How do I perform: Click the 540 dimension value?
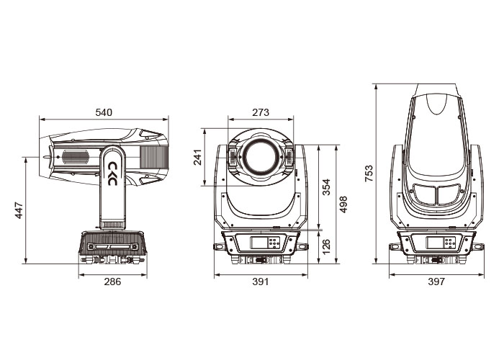tap(104, 112)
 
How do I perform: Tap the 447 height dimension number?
tap(19, 210)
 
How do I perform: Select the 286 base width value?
tap(112, 282)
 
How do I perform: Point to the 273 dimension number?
tap(261, 112)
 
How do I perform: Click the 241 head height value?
tap(197, 157)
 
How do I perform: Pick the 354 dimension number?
tap(326, 187)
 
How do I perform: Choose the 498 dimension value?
tap(343, 204)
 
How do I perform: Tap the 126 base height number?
tap(326, 246)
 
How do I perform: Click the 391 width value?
tap(261, 282)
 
